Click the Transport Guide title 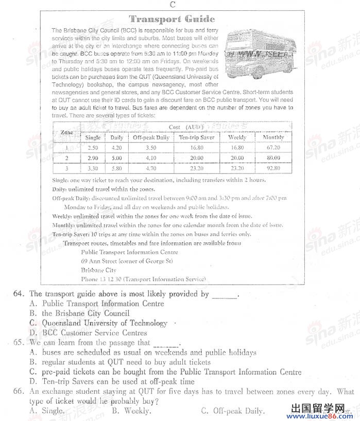[172, 19]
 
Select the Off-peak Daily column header [151, 137]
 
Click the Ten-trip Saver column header [196, 137]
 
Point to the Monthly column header [273, 137]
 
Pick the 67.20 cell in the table [273, 148]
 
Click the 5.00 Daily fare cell [117, 158]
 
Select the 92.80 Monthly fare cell [273, 168]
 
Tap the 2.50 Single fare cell [93, 148]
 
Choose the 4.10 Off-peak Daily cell [151, 158]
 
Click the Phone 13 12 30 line [143, 279]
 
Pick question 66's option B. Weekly [131, 411]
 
